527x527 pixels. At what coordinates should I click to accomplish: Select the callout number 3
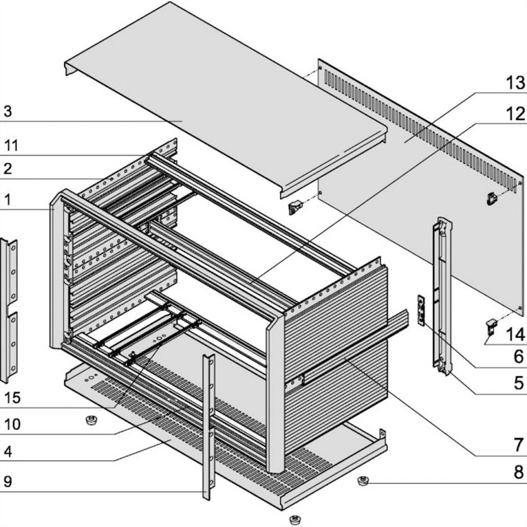[x=7, y=112]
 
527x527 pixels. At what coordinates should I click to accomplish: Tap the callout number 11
[x=11, y=145]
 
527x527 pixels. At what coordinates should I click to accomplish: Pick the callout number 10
[x=12, y=424]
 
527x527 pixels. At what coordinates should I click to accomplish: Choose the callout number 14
[x=515, y=335]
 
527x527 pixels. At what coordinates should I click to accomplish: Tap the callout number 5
[x=518, y=382]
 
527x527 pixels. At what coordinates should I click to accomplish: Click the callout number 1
[x=7, y=200]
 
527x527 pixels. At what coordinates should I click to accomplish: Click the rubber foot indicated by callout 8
[x=362, y=481]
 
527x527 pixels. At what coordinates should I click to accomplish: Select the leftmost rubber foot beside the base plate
[x=91, y=421]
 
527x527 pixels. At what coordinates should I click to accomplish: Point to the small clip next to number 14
[x=490, y=327]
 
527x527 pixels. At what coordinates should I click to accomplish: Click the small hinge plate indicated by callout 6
[x=421, y=310]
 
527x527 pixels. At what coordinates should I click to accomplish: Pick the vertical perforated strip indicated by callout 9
[x=208, y=426]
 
